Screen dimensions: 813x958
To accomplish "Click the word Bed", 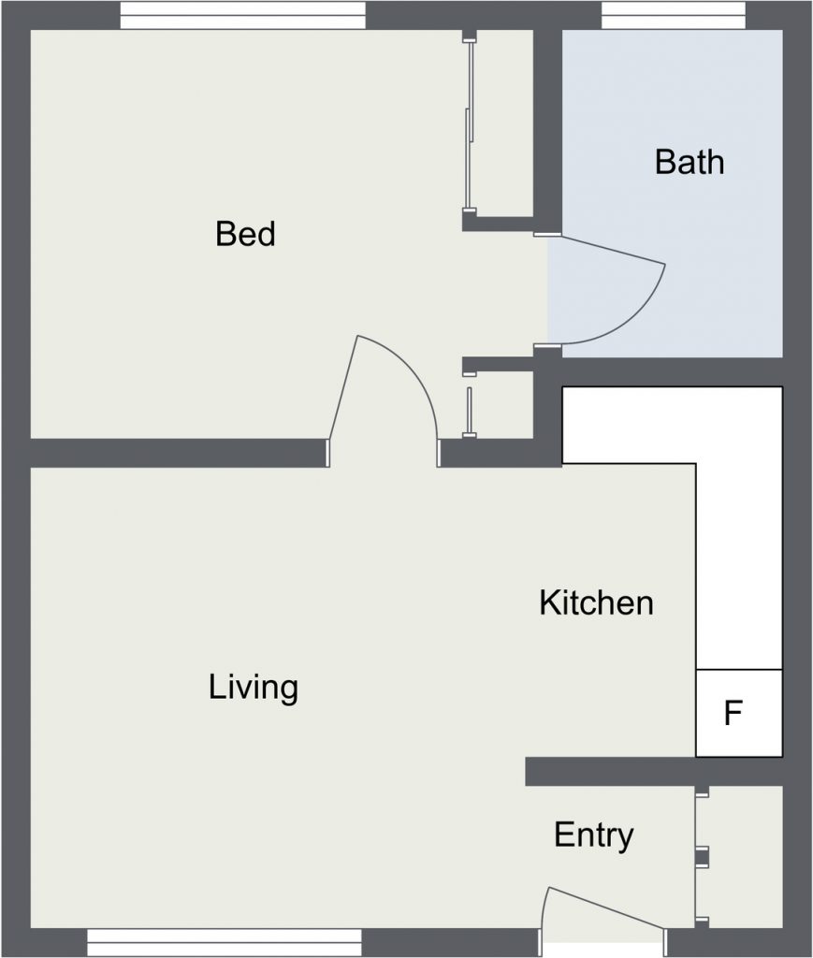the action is coord(245,234).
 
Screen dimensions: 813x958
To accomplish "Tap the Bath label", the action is coord(690,163).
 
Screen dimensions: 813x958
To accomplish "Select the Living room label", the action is coord(254,688).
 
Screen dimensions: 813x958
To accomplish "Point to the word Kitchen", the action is coord(596,603).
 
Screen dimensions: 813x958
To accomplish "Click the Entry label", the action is coord(594,835).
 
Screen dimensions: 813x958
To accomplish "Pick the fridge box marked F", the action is coord(739,713).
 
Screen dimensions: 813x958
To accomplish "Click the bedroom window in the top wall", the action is coord(243,15).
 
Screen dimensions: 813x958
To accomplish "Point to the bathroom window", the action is coord(673,15).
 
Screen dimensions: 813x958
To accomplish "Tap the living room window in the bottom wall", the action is coord(225,943).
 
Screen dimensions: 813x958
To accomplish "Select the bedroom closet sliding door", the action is coord(469,125).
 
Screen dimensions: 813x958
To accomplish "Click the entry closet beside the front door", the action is coord(740,857).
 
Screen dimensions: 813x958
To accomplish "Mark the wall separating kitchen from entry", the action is coord(654,772).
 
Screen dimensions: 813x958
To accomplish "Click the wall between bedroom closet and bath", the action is coord(548,131).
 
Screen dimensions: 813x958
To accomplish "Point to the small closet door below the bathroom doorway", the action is coord(469,413).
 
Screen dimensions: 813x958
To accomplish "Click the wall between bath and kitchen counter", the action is coord(672,372).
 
